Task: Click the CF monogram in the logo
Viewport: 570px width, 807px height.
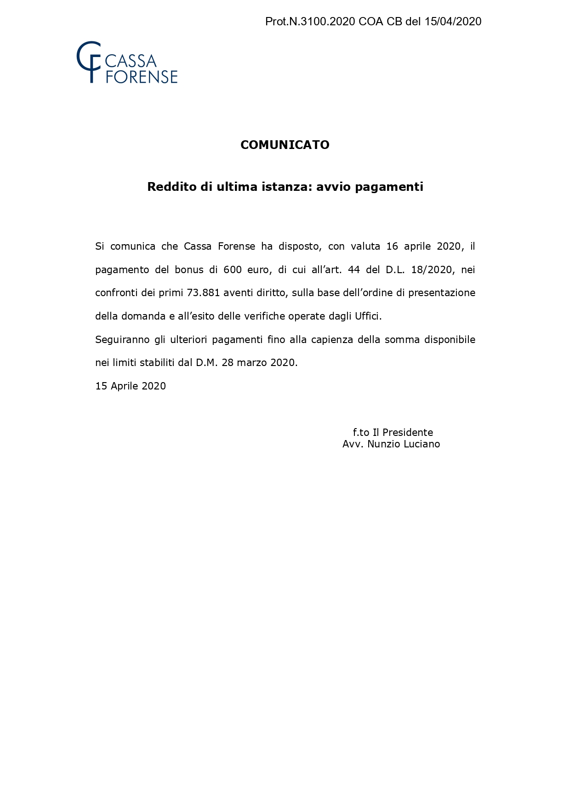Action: [x=89, y=62]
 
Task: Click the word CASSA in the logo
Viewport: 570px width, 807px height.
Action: [x=131, y=61]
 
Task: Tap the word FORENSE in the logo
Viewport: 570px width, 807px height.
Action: [x=142, y=77]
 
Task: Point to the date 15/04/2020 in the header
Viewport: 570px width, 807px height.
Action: [x=453, y=22]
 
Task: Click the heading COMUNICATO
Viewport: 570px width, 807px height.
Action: [x=285, y=145]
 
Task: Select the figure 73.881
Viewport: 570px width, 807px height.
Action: [x=204, y=293]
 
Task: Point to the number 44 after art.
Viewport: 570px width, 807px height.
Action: [x=354, y=269]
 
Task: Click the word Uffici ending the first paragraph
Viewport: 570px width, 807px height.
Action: [x=368, y=316]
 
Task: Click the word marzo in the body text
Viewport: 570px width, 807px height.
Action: [x=252, y=363]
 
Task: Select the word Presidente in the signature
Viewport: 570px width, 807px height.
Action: [x=408, y=433]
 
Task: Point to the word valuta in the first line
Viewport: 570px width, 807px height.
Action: [x=365, y=246]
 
